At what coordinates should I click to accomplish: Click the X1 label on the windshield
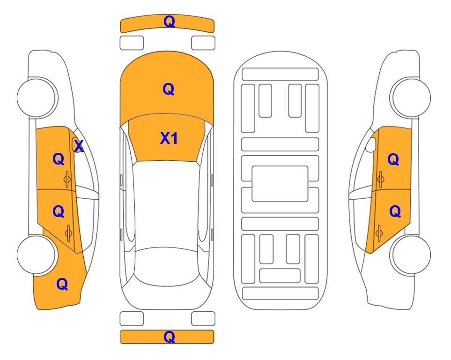(169, 138)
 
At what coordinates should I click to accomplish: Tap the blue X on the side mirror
(79, 146)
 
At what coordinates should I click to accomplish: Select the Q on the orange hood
(169, 89)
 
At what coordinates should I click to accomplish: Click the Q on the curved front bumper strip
(169, 21)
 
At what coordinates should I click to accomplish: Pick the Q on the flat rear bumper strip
(169, 337)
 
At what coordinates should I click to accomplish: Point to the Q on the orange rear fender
(62, 284)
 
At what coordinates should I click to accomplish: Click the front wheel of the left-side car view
(37, 97)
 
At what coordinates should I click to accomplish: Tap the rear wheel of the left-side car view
(37, 255)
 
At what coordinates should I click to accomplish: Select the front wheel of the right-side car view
(412, 97)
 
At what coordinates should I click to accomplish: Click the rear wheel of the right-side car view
(412, 255)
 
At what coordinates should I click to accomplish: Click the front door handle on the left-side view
(67, 179)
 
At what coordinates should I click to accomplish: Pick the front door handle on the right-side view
(380, 179)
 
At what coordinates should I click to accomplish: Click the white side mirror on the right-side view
(371, 144)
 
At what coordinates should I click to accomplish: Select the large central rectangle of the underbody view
(280, 184)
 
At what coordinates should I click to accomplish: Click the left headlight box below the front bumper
(132, 43)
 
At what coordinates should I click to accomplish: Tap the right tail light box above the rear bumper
(203, 319)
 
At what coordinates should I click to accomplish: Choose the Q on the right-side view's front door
(393, 159)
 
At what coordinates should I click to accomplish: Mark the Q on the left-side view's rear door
(59, 212)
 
